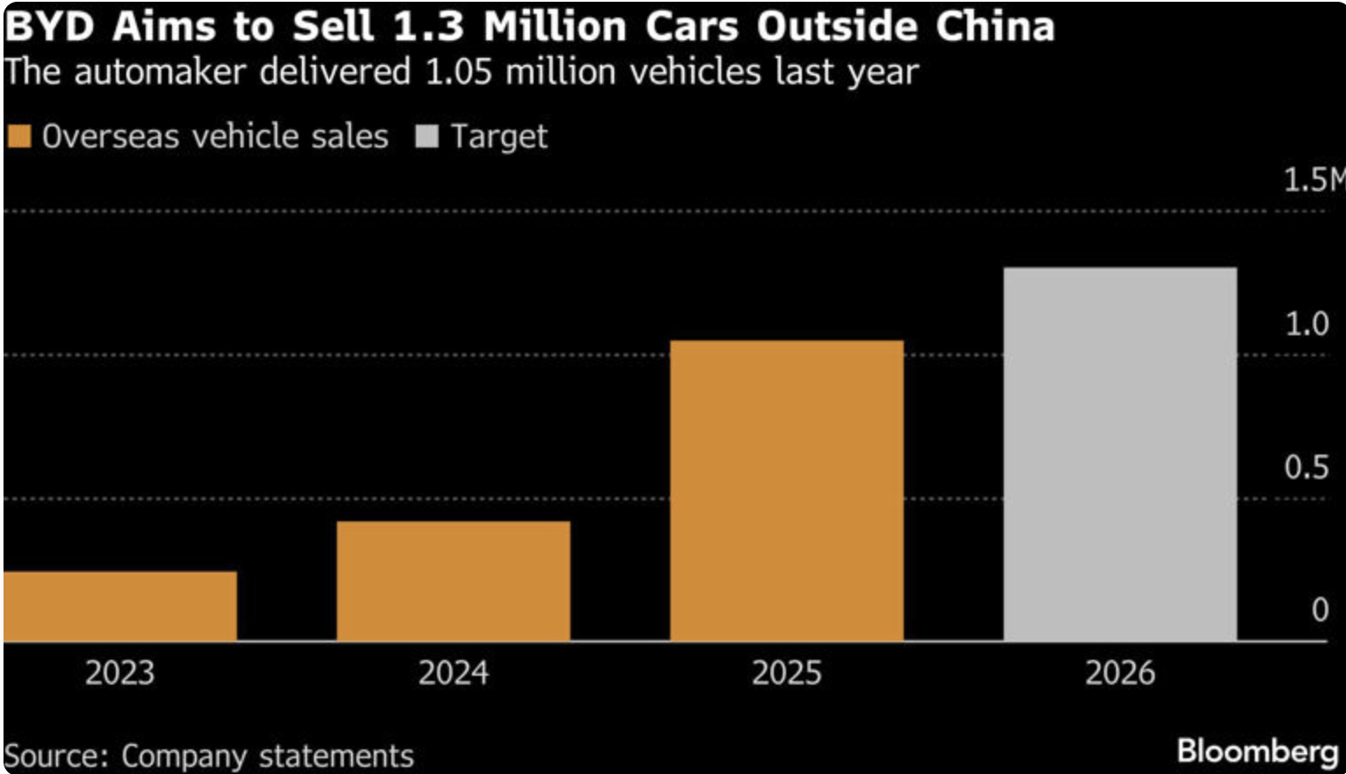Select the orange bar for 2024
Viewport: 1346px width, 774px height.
[453, 581]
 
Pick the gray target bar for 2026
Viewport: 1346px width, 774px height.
[1120, 454]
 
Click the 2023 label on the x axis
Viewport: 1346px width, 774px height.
[120, 673]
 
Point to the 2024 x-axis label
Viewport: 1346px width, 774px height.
[453, 673]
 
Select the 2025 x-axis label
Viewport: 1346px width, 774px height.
[786, 673]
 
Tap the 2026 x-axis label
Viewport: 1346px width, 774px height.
[1120, 673]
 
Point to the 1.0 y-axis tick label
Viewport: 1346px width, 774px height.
[1307, 324]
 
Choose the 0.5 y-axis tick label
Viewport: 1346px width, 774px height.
[1307, 467]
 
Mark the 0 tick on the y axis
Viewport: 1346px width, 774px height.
[1320, 610]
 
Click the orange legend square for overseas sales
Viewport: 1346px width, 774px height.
[19, 137]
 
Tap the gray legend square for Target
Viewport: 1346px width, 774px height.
[426, 137]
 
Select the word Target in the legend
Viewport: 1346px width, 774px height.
[498, 137]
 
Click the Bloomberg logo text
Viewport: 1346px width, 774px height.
[1257, 751]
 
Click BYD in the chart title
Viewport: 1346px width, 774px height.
[49, 27]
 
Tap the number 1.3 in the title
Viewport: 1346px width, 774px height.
[428, 27]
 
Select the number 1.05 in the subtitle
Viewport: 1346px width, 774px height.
[460, 71]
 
